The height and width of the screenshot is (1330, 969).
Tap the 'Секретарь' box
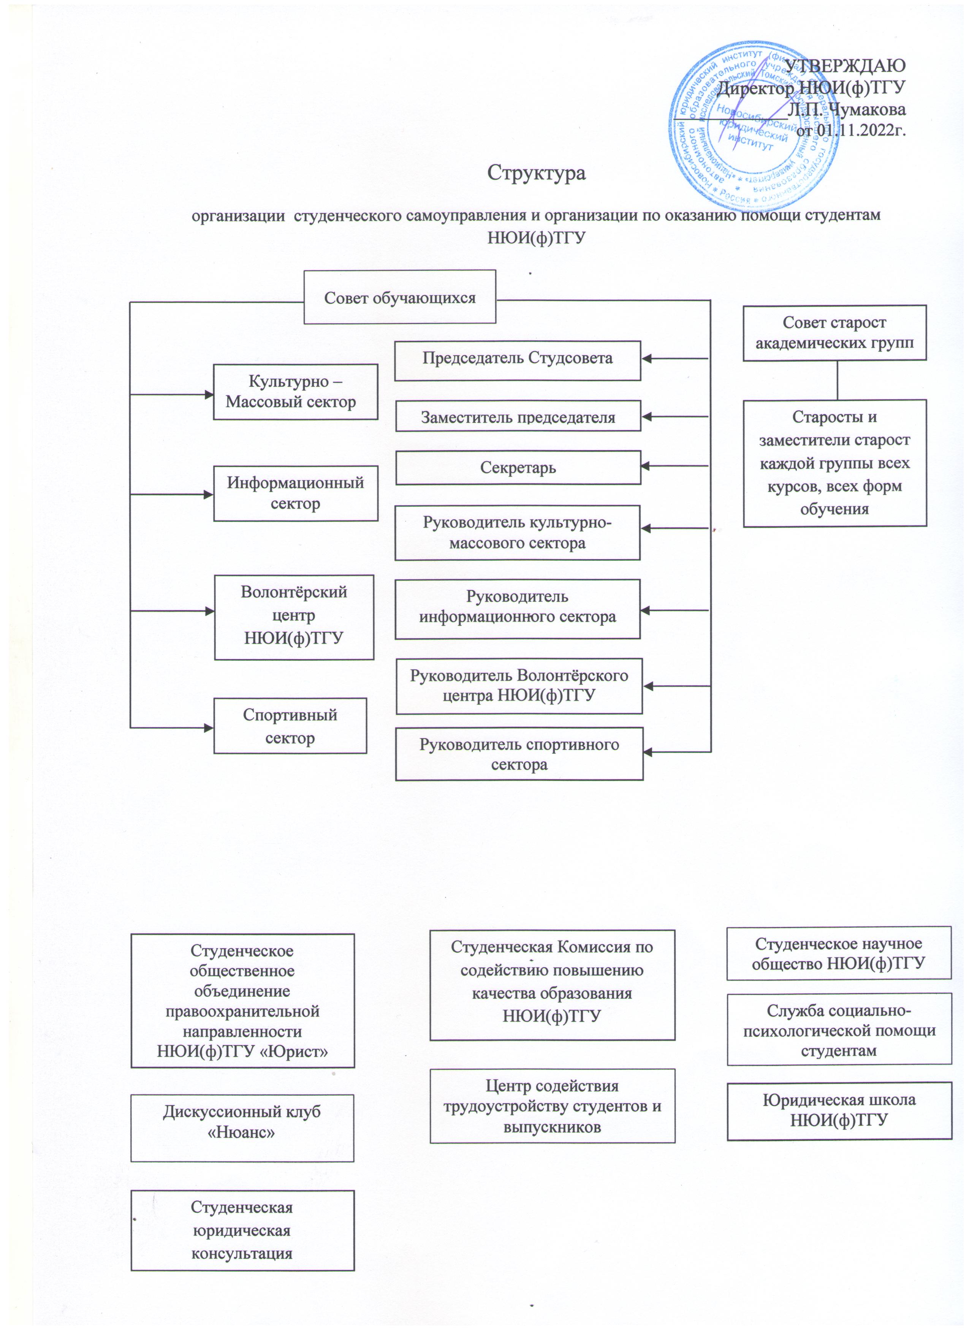(518, 467)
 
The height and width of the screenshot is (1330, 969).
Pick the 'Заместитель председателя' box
(518, 416)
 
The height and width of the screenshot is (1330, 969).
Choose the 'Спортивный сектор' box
(290, 725)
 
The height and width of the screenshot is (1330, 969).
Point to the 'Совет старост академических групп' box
(834, 332)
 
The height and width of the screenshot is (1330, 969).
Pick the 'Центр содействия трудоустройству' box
(552, 1105)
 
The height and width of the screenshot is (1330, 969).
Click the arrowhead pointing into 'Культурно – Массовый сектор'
(209, 395)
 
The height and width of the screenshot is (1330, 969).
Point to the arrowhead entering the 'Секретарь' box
(646, 466)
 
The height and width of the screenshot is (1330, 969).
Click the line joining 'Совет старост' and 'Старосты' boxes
(837, 380)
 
